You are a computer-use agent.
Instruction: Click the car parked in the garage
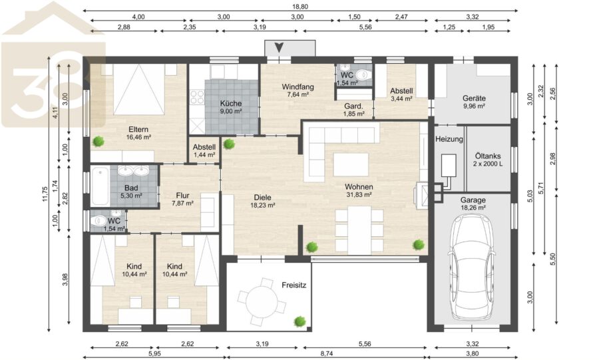(471, 266)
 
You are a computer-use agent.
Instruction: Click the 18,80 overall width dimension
(300, 7)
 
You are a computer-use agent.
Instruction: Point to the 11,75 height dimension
(45, 194)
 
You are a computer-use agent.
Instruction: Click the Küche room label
(231, 103)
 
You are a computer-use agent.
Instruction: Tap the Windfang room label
(298, 87)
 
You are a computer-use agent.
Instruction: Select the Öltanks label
(488, 156)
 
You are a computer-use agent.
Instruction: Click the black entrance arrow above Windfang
(280, 48)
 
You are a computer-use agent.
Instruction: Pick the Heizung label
(449, 139)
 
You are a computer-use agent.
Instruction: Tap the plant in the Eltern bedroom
(99, 141)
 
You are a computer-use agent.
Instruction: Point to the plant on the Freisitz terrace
(300, 321)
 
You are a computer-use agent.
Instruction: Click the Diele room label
(262, 198)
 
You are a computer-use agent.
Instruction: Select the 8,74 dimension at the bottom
(327, 354)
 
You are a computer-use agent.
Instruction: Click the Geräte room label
(474, 98)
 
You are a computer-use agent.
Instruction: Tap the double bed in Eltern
(139, 89)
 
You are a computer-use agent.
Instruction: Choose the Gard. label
(353, 106)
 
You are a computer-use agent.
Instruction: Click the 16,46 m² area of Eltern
(138, 137)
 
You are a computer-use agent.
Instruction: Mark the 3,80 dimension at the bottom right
(473, 354)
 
